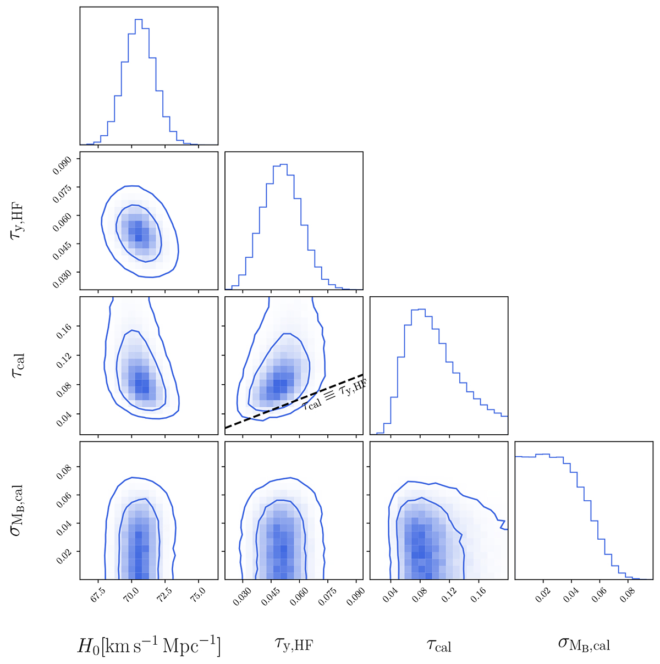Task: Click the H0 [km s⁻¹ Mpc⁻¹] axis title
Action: [148, 645]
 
